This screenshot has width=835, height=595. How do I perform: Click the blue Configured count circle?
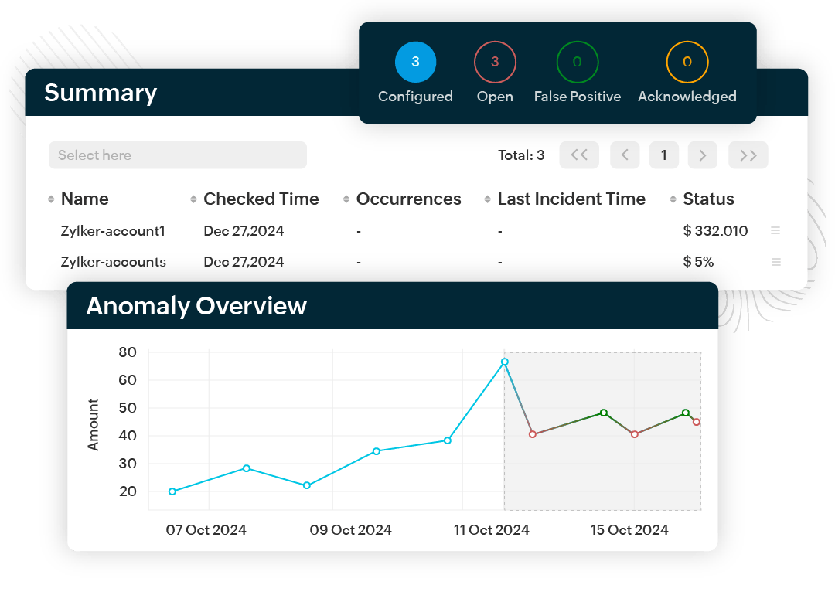pyautogui.click(x=415, y=62)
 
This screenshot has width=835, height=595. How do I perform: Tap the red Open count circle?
pyautogui.click(x=495, y=62)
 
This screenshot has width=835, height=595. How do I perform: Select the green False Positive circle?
pyautogui.click(x=577, y=62)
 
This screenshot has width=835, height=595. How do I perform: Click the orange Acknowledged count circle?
pyautogui.click(x=687, y=62)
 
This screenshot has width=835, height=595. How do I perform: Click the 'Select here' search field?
pyautogui.click(x=178, y=155)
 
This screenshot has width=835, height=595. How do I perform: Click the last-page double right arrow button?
pyautogui.click(x=748, y=155)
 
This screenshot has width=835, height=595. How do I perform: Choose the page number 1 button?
pyautogui.click(x=663, y=155)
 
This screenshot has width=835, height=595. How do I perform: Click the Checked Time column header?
pyautogui.click(x=261, y=199)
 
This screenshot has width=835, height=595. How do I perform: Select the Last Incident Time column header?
pyautogui.click(x=571, y=199)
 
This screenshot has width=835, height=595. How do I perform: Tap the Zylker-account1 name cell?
pyautogui.click(x=113, y=231)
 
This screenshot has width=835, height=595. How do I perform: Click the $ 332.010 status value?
pyautogui.click(x=715, y=231)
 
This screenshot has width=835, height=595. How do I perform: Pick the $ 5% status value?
pyautogui.click(x=698, y=262)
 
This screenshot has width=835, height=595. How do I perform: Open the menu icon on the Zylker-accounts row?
pyautogui.click(x=775, y=262)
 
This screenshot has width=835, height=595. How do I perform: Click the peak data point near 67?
pyautogui.click(x=504, y=362)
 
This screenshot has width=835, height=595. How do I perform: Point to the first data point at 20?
pyautogui.click(x=172, y=491)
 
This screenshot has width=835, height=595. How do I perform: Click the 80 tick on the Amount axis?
pyautogui.click(x=128, y=352)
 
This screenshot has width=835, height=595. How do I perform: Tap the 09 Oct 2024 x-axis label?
pyautogui.click(x=350, y=530)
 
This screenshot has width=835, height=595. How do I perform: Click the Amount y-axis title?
pyautogui.click(x=94, y=424)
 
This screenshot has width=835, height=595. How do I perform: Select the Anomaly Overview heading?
pyautogui.click(x=196, y=306)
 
